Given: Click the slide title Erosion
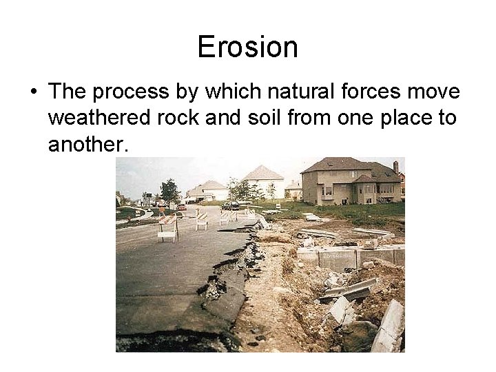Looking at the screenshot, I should tap(247, 48).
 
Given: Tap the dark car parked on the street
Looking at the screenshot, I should tap(231, 205).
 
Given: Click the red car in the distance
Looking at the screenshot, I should tap(182, 207).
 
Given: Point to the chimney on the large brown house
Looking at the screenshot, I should tap(395, 167).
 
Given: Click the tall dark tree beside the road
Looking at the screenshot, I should tap(169, 191).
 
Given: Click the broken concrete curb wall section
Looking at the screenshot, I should tap(338, 258).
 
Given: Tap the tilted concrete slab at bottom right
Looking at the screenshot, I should tap(389, 327).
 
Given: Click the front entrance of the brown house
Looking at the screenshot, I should tap(363, 189).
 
